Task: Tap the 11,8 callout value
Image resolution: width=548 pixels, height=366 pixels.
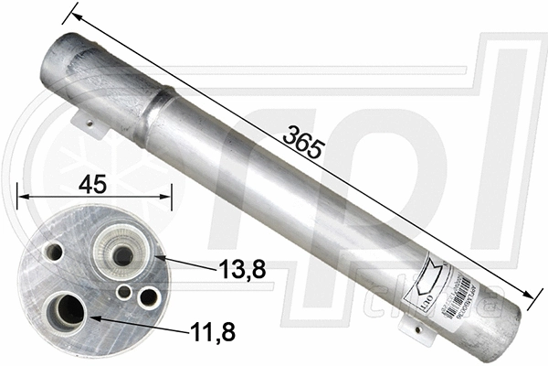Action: (x=211, y=332)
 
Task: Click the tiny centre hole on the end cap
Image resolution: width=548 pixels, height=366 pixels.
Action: (x=124, y=292)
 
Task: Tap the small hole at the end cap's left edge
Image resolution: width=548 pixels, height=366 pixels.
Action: (x=55, y=250)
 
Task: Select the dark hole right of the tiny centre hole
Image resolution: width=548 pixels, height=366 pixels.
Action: (x=147, y=296)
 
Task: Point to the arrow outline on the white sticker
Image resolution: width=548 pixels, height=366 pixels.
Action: (x=429, y=275)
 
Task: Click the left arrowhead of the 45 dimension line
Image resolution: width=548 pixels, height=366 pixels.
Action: (x=21, y=195)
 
